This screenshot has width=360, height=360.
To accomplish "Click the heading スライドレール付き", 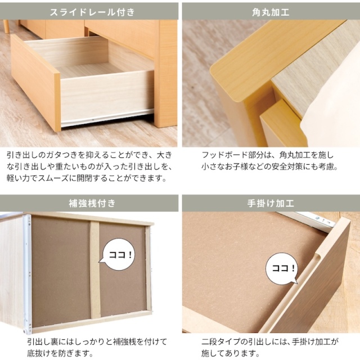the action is (x=92, y=12).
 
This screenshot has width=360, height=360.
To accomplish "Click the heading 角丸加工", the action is (x=271, y=12).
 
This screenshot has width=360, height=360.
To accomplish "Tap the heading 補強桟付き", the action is (x=92, y=203).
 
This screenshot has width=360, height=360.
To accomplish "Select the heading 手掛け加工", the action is (x=271, y=203).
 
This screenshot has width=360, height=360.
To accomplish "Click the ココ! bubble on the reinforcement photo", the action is (x=119, y=254).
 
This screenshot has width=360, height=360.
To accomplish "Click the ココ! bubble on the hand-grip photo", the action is (x=282, y=269).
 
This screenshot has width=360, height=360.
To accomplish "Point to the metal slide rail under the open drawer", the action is (x=107, y=118).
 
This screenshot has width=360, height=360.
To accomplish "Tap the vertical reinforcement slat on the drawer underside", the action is (x=95, y=270).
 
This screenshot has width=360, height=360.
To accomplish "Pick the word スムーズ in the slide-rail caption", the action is (x=53, y=178).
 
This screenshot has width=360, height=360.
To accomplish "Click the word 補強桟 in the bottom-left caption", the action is (x=125, y=342).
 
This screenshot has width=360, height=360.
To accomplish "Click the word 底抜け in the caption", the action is (x=39, y=353).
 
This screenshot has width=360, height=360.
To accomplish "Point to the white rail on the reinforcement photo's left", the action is (x=27, y=273).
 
